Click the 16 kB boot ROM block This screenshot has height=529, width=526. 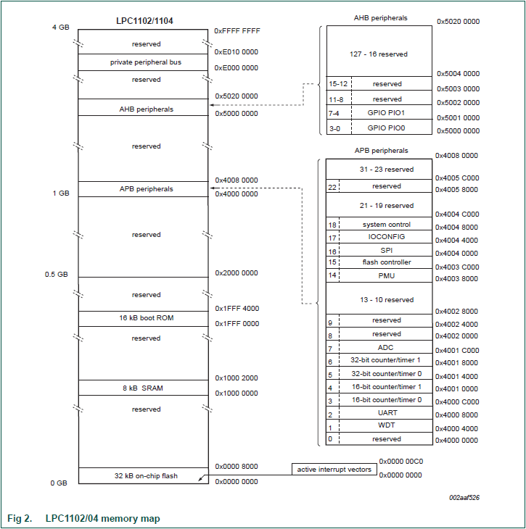143,318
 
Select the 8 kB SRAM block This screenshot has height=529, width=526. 143,388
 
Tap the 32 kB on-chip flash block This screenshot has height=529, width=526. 143,476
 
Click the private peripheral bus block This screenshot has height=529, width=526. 143,62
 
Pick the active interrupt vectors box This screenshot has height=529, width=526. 334,470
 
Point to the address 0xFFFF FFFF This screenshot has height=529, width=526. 237,31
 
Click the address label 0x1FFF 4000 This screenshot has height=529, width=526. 237,309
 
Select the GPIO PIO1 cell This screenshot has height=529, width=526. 386,113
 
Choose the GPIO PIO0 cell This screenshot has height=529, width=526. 386,128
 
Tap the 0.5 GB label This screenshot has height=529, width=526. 57,274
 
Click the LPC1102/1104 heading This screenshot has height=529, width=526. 143,21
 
